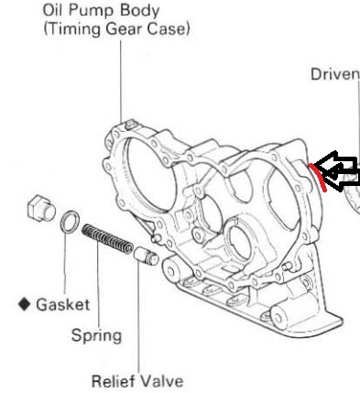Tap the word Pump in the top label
click(93, 11)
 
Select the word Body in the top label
click(138, 11)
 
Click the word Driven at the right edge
click(333, 73)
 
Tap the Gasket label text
click(62, 304)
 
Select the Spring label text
click(96, 334)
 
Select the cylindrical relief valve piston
click(147, 258)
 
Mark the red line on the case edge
click(318, 174)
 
